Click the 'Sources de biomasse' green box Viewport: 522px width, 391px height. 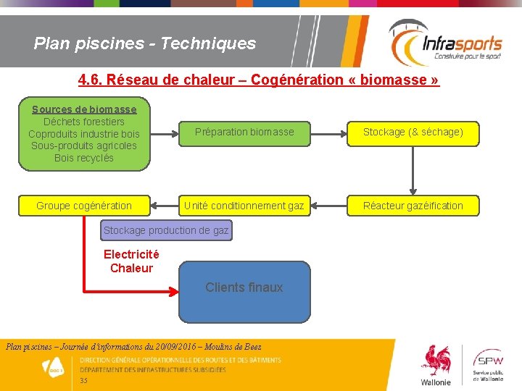coord(84,133)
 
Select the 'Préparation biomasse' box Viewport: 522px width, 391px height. coord(244,132)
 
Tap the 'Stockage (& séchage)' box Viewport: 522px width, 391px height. coord(413,132)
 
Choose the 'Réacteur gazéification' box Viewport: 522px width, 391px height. coord(413,206)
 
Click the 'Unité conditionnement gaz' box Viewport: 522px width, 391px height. coord(244,206)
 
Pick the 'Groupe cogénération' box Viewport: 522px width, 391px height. coord(84,206)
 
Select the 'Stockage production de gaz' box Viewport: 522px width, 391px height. coord(166,230)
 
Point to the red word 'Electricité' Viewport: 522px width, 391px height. coord(131,254)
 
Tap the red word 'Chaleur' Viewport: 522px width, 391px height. coord(131,268)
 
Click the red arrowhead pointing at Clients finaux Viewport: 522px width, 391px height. coord(173,293)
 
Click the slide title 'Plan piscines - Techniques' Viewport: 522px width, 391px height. coord(145,43)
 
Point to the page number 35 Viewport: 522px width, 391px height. coord(84,381)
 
